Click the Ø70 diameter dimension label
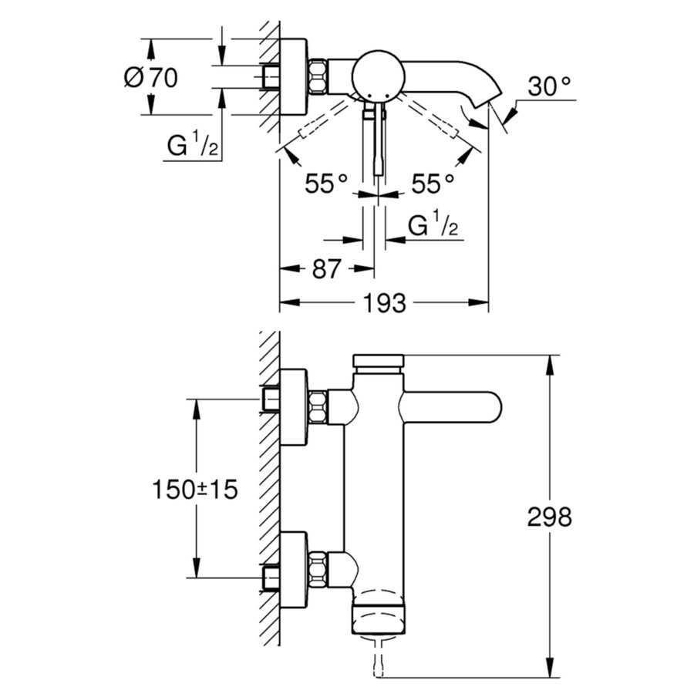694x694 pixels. (x=150, y=77)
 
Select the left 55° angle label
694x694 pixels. (x=326, y=184)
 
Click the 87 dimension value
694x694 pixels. (x=325, y=269)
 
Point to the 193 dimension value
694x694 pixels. (x=384, y=304)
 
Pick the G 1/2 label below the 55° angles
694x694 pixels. (x=433, y=227)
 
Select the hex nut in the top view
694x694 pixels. (x=318, y=76)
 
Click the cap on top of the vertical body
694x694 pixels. (x=378, y=361)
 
